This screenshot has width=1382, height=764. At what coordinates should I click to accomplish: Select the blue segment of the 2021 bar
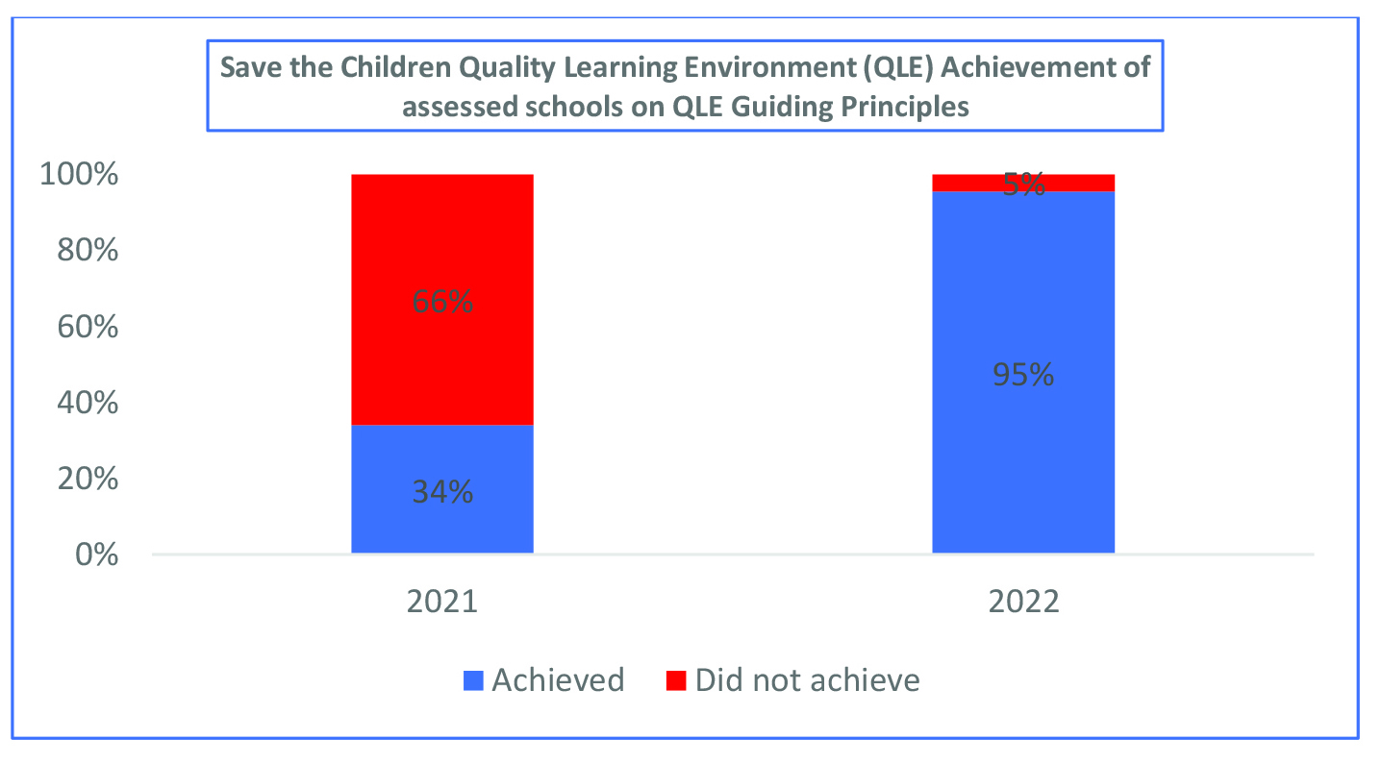point(441,524)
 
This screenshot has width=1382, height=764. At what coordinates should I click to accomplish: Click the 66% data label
point(441,302)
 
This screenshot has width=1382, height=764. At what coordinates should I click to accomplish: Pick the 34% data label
point(441,492)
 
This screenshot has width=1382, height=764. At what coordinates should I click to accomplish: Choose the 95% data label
point(1023,375)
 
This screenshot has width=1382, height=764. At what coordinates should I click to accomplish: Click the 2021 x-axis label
point(441,603)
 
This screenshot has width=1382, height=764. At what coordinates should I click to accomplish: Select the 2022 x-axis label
point(1023,603)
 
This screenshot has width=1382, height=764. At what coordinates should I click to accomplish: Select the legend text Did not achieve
point(808,680)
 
